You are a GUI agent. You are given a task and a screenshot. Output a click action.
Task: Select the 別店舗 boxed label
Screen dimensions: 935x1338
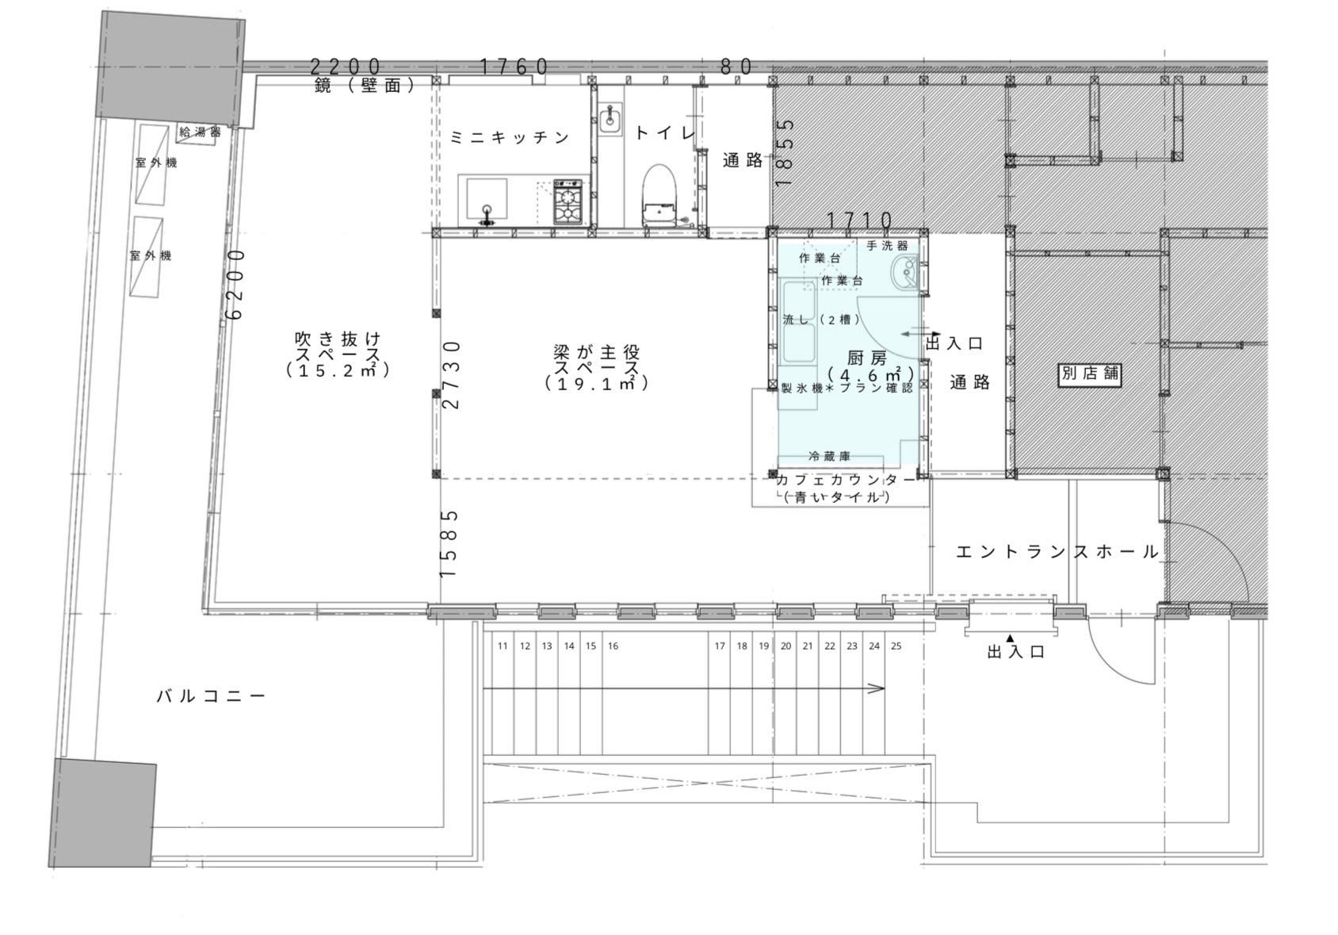(x=1090, y=374)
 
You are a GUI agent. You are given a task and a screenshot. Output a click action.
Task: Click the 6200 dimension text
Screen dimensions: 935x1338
(x=235, y=284)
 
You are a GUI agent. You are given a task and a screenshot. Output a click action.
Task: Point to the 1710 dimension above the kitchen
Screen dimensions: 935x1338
(x=859, y=220)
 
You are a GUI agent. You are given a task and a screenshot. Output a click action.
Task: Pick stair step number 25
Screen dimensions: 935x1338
(x=896, y=646)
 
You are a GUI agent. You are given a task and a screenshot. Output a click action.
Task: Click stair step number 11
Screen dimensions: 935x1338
(x=503, y=646)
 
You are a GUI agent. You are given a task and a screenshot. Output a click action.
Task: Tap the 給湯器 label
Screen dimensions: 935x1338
(x=200, y=132)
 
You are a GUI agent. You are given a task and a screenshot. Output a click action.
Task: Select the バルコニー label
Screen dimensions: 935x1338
(x=211, y=697)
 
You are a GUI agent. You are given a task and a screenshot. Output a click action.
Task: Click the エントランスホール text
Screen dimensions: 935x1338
(x=1057, y=552)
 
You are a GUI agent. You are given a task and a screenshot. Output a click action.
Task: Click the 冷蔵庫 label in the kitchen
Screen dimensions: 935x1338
(x=829, y=457)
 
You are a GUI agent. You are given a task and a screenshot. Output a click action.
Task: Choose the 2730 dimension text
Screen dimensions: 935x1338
(x=451, y=374)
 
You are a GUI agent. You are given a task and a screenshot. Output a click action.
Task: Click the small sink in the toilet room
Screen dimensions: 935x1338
(x=610, y=121)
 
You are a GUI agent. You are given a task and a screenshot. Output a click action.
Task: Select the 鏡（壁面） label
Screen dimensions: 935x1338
(x=365, y=86)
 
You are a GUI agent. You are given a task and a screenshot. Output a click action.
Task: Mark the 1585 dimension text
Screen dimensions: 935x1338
(x=449, y=543)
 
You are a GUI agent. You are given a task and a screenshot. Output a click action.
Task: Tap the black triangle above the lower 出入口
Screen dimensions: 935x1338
(x=1011, y=638)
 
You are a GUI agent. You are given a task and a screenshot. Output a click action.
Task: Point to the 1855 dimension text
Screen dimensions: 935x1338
(x=785, y=152)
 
